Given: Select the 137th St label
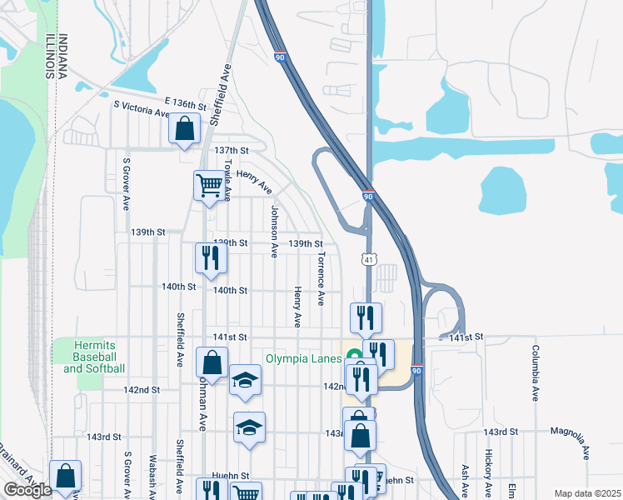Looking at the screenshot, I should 232,150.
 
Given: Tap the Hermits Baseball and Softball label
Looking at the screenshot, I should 99,357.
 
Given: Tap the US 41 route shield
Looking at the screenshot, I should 366,260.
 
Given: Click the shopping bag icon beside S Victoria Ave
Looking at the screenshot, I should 184,129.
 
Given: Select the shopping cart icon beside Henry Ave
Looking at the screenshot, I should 208,185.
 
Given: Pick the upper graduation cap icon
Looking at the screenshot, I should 245,381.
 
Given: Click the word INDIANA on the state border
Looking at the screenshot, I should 63,57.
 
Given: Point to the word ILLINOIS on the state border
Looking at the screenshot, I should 51,57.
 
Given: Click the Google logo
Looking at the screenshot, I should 27,490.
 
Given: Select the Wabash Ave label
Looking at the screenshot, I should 152,475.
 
